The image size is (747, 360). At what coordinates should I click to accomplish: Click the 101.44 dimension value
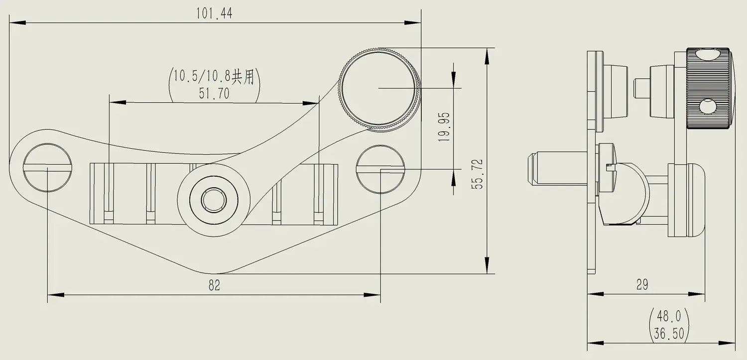[214, 13]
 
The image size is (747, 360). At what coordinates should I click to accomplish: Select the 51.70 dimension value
[214, 93]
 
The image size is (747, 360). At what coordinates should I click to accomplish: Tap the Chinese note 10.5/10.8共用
[214, 76]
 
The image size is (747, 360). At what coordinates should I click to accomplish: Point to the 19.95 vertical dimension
[444, 127]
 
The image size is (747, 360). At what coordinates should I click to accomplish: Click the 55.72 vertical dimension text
[477, 174]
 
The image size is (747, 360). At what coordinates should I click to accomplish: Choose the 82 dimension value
[214, 285]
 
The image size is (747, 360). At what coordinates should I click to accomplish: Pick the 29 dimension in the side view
[642, 285]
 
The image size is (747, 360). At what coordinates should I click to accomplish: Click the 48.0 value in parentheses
[669, 316]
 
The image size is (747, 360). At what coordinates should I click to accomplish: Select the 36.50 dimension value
[669, 333]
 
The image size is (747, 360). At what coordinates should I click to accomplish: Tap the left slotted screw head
[47, 168]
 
